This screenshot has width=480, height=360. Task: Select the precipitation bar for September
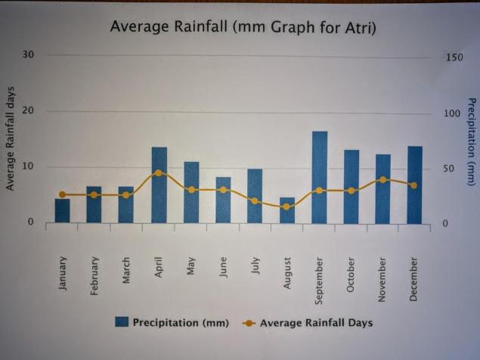click(x=320, y=178)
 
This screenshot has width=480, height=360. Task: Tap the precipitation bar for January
click(x=62, y=210)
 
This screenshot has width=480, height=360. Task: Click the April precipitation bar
click(x=159, y=185)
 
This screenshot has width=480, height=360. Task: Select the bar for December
click(x=414, y=185)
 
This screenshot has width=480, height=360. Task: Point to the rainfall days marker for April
click(x=158, y=173)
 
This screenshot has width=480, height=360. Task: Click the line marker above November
click(x=382, y=180)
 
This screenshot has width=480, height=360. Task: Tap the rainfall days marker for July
click(x=255, y=201)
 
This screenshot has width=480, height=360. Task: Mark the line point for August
click(x=287, y=206)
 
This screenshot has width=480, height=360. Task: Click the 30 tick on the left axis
click(x=28, y=55)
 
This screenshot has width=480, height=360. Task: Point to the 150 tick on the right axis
click(x=453, y=57)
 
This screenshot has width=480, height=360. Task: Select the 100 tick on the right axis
click(x=453, y=113)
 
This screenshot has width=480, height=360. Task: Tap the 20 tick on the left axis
click(x=28, y=111)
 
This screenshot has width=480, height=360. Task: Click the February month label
click(x=94, y=276)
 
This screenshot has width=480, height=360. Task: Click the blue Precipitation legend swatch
click(x=121, y=322)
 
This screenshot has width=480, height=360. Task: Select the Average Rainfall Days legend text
click(x=316, y=323)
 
